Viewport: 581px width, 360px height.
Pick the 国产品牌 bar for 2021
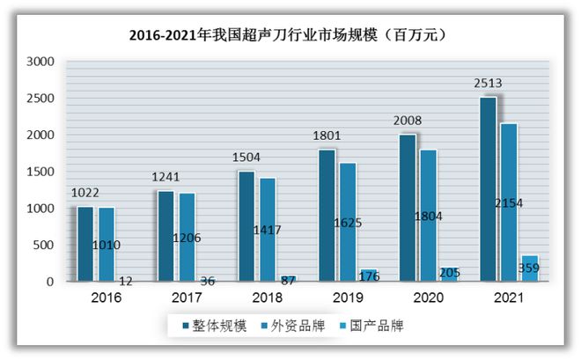coord(530,268)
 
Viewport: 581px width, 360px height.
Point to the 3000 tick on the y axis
coord(40,62)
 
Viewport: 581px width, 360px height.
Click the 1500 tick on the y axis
coord(40,172)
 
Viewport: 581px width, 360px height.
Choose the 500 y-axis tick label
coord(43,245)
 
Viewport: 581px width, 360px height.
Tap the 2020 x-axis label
coord(428,298)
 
